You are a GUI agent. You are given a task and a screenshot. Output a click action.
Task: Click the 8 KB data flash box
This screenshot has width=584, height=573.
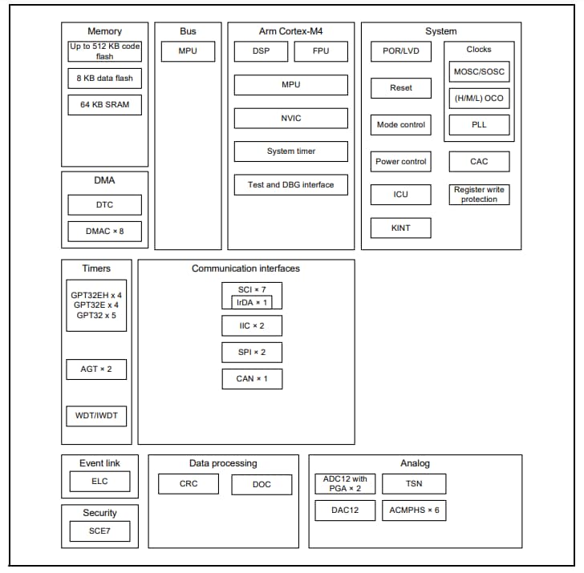tap(104, 78)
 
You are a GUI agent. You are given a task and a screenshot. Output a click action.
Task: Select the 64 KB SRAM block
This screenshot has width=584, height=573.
tap(104, 104)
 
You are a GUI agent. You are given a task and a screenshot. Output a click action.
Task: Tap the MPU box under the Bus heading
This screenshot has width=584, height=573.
tap(188, 51)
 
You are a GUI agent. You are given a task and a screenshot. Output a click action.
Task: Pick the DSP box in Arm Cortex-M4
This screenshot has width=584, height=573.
tap(260, 51)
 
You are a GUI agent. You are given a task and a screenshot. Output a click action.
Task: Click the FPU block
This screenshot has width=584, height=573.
tap(320, 51)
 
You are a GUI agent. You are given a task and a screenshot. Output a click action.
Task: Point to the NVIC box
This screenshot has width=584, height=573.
tap(290, 118)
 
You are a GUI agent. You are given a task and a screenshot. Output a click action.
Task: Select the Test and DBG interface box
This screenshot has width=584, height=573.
tap(290, 184)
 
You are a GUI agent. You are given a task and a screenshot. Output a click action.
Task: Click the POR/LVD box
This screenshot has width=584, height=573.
tap(400, 51)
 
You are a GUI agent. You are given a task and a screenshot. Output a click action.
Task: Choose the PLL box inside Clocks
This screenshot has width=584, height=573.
tap(479, 125)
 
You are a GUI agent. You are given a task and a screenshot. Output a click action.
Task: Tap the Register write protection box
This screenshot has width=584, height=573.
tap(479, 195)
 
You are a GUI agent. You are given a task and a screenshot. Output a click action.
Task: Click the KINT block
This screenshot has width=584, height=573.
tap(400, 228)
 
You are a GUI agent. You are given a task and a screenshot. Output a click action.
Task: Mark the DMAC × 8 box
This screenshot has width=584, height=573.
tap(104, 232)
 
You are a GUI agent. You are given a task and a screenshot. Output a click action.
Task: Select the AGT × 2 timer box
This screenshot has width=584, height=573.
tap(96, 369)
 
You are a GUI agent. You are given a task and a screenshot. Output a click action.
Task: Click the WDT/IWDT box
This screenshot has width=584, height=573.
tap(96, 417)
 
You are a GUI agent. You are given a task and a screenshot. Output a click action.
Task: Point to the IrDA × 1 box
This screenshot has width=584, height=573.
tap(252, 302)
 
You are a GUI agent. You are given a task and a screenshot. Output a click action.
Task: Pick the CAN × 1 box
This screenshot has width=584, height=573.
tap(252, 378)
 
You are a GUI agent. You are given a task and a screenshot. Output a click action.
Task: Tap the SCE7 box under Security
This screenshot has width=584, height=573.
tap(99, 531)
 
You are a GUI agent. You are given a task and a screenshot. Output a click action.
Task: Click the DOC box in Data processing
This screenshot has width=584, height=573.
tap(262, 484)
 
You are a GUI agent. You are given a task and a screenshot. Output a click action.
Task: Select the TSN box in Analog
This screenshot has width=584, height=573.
tap(414, 484)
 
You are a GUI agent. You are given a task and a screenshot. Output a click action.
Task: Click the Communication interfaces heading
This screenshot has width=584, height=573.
tap(245, 268)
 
